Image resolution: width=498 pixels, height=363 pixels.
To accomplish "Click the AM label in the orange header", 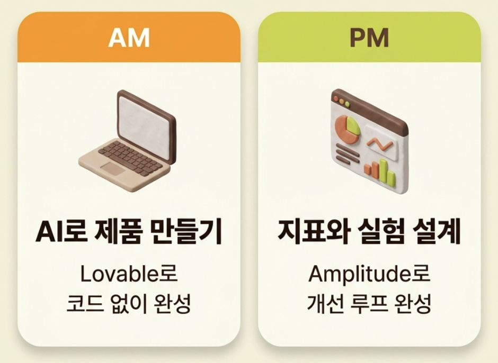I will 129,39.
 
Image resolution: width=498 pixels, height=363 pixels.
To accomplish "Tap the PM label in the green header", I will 369,39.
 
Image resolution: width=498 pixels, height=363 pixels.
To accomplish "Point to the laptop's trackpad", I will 113,168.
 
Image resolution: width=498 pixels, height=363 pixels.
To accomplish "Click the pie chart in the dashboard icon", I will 348,128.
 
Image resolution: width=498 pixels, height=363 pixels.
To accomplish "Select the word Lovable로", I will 129,274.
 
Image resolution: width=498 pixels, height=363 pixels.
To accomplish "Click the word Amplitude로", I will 369,274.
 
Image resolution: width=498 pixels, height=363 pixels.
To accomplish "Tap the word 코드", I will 81,304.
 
